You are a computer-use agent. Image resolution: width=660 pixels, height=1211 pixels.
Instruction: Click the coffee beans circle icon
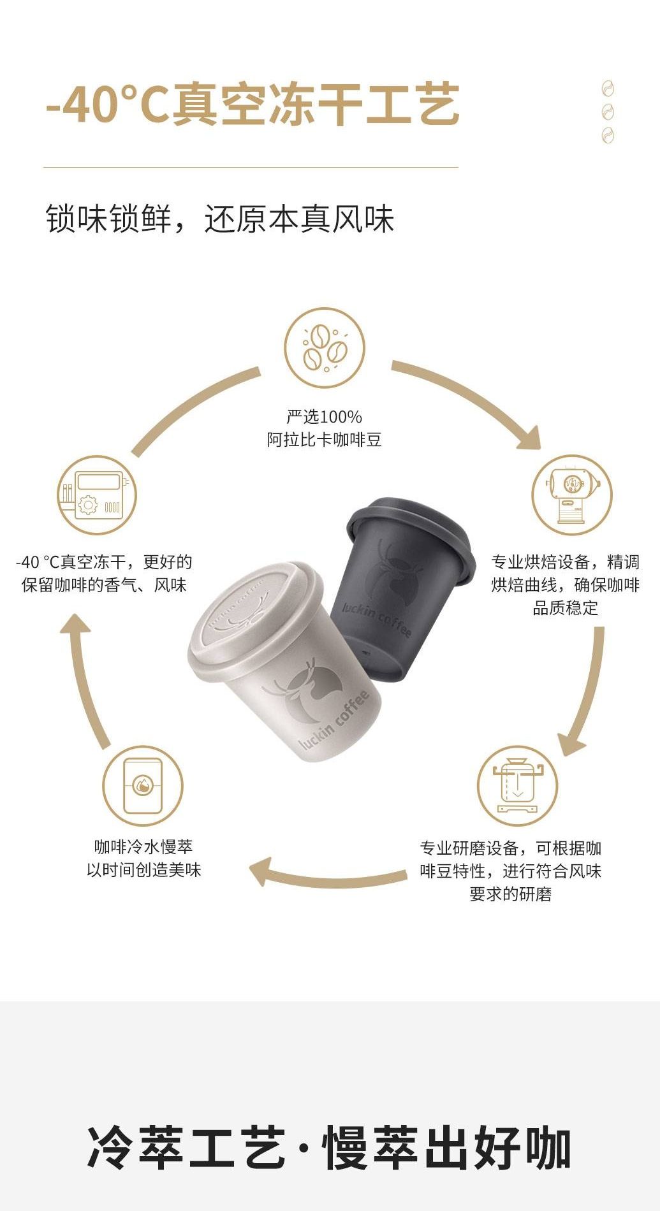coord(325,348)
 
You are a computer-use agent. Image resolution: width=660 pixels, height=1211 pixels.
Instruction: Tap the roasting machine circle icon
coord(572,495)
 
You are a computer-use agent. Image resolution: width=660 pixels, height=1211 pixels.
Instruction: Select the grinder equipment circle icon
coord(517,786)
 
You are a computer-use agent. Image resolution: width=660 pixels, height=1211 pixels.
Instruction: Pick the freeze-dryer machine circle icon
coord(97,496)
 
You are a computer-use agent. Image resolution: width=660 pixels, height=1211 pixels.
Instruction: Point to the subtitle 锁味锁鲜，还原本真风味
coord(220,219)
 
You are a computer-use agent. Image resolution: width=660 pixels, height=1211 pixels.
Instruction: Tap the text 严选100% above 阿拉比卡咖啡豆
coord(325,417)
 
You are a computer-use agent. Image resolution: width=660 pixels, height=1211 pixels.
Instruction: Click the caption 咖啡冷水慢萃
coord(143,847)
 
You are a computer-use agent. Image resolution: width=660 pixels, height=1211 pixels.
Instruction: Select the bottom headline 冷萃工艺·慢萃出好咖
coord(329,1148)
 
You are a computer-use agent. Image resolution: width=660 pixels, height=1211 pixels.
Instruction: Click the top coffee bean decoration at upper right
coord(608,88)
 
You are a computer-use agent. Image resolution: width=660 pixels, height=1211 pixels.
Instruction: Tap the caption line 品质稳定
coord(566,607)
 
